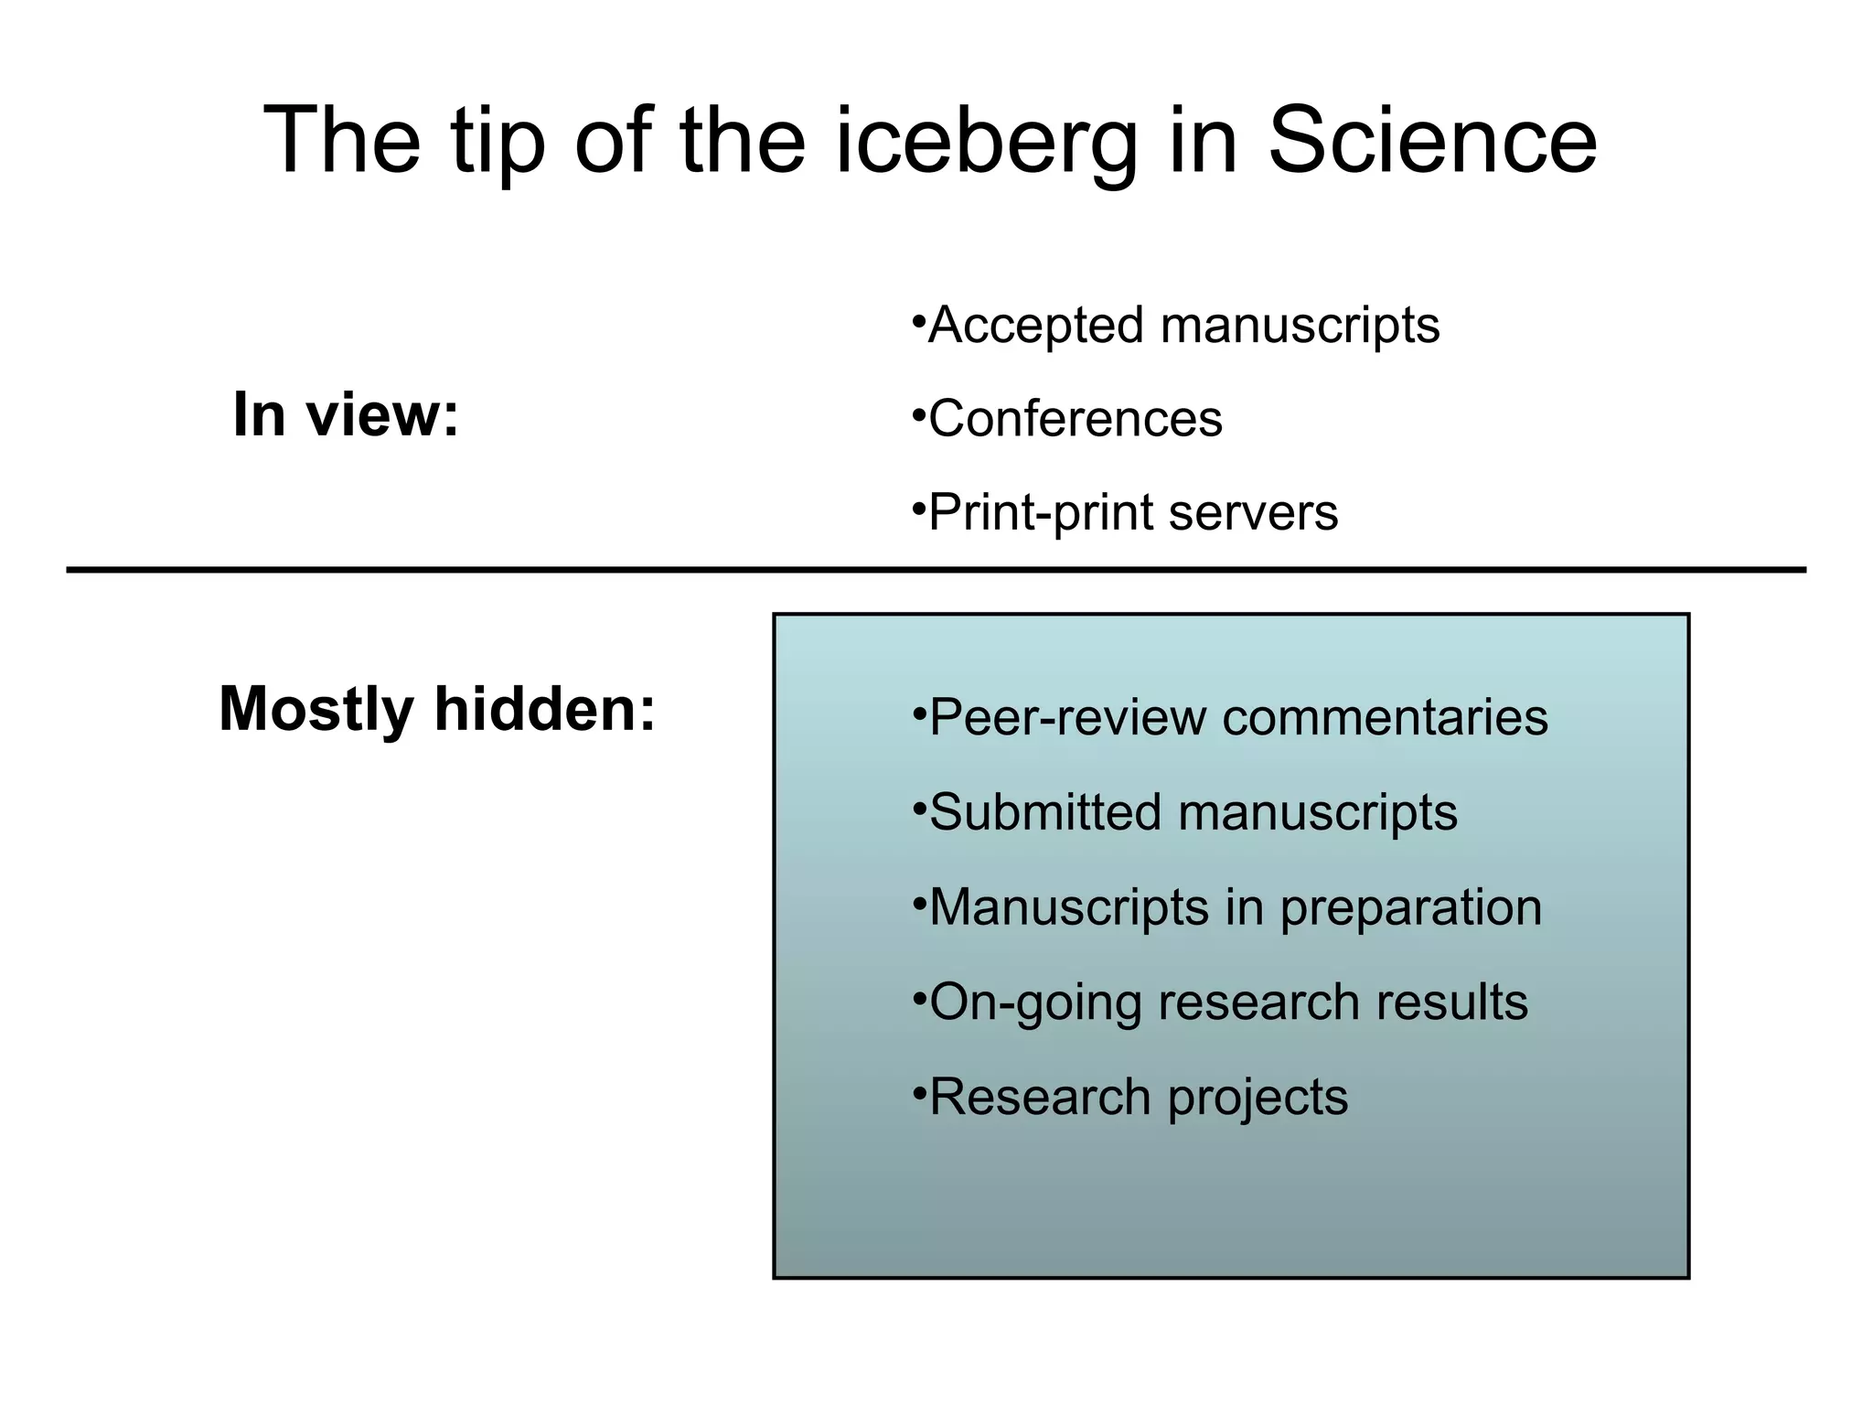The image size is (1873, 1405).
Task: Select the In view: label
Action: [346, 414]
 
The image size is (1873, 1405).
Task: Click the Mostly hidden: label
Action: [437, 709]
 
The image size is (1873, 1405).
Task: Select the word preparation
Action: [1410, 909]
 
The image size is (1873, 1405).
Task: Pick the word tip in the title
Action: [498, 142]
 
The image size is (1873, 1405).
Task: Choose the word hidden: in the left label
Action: [545, 709]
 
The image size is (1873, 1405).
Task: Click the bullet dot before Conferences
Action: [918, 412]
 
